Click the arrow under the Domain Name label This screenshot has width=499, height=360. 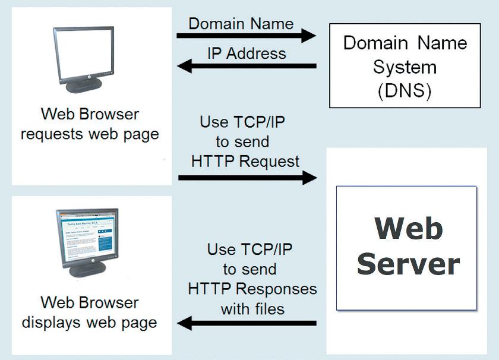click(x=247, y=35)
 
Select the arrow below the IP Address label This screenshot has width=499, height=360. click(x=247, y=66)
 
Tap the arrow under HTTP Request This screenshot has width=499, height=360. click(x=248, y=178)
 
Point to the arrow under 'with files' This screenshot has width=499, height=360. click(x=247, y=323)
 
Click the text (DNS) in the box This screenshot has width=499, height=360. click(x=405, y=91)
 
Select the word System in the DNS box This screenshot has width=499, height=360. click(x=405, y=67)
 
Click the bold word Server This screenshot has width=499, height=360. click(x=409, y=264)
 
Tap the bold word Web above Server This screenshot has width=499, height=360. click(x=409, y=228)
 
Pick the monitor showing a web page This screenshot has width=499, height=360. click(x=87, y=242)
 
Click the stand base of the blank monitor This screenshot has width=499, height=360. click(x=84, y=86)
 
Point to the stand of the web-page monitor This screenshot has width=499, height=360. click(x=87, y=269)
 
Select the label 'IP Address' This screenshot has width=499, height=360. click(x=247, y=53)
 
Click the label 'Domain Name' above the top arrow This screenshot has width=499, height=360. click(x=241, y=24)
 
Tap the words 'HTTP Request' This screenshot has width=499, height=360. click(x=245, y=162)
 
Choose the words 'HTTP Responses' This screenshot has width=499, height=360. click(x=252, y=289)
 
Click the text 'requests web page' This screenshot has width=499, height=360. click(x=90, y=134)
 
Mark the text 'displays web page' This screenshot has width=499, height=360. click(x=90, y=323)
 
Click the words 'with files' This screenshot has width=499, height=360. click(x=252, y=309)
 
